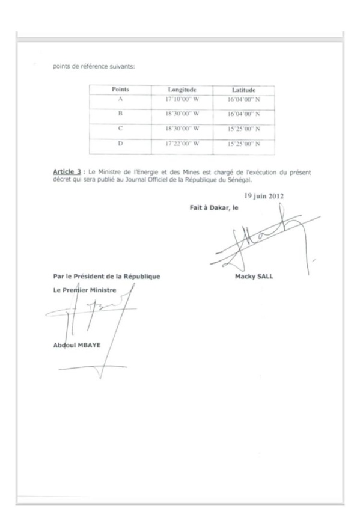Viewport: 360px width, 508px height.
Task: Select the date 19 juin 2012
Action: tap(267, 195)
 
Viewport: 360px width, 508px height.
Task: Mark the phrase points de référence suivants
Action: tap(89, 66)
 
